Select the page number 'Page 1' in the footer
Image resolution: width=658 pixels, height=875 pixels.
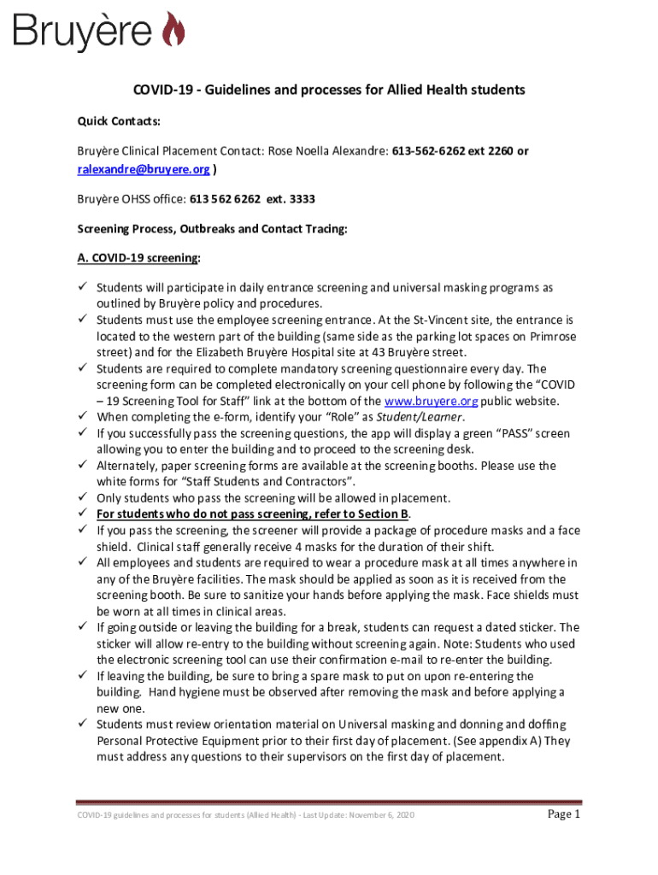tap(563, 814)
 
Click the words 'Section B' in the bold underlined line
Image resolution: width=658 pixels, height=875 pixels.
tap(381, 514)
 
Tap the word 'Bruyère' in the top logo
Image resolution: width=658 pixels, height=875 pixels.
tap(82, 32)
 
